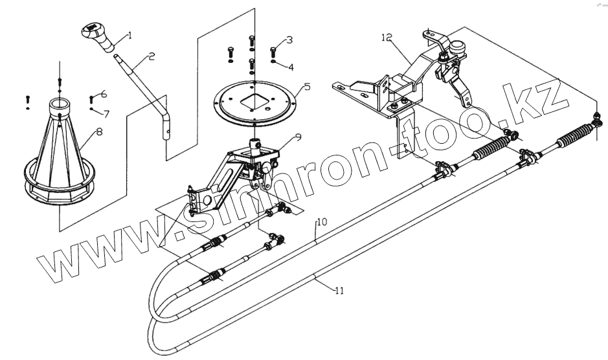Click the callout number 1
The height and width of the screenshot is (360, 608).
coord(129,35)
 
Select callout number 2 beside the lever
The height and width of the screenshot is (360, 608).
coord(151,57)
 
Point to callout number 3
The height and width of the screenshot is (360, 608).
coord(289,39)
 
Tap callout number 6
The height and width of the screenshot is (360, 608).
coord(104,95)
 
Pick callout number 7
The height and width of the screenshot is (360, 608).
coord(107,113)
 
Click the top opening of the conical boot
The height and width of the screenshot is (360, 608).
coord(60,102)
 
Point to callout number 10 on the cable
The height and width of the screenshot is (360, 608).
coord(322,222)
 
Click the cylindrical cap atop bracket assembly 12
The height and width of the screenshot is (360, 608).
coord(460,49)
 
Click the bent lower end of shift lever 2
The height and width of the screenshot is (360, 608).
coord(166,124)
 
